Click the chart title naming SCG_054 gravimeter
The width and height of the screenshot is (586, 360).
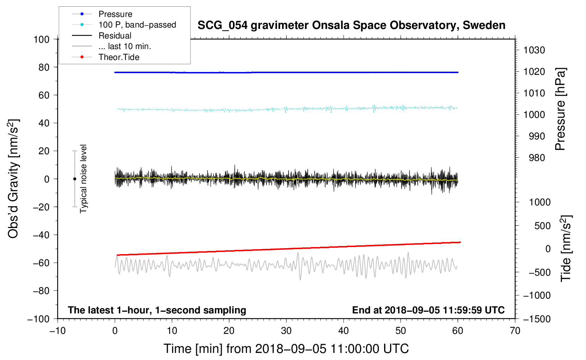click(x=351, y=25)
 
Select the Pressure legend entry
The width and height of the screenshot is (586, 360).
click(x=115, y=14)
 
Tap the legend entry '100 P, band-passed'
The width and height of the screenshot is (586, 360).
click(x=137, y=25)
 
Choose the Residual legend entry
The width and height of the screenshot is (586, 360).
click(x=115, y=36)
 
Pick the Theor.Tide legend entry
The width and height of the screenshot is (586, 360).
click(x=119, y=57)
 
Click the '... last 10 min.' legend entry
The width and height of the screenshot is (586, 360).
click(x=125, y=46)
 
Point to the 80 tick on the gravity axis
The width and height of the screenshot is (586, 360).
click(x=44, y=67)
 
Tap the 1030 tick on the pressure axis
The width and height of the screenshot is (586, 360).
click(x=534, y=50)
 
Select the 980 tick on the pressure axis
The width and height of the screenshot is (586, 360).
click(x=537, y=158)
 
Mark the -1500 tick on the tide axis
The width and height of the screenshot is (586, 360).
click(x=537, y=319)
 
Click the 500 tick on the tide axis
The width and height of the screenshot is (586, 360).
click(x=542, y=226)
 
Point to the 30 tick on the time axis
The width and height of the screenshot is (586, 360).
click(x=286, y=331)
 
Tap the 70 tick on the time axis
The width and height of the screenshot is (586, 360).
click(x=515, y=331)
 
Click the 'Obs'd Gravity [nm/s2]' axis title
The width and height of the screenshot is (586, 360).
click(x=13, y=179)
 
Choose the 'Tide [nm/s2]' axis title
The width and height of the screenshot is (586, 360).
click(x=566, y=248)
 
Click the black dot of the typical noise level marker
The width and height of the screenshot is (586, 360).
click(x=74, y=179)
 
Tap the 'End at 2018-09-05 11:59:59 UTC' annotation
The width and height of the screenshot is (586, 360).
click(x=428, y=310)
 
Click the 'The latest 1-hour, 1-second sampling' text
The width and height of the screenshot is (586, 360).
click(x=157, y=310)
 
